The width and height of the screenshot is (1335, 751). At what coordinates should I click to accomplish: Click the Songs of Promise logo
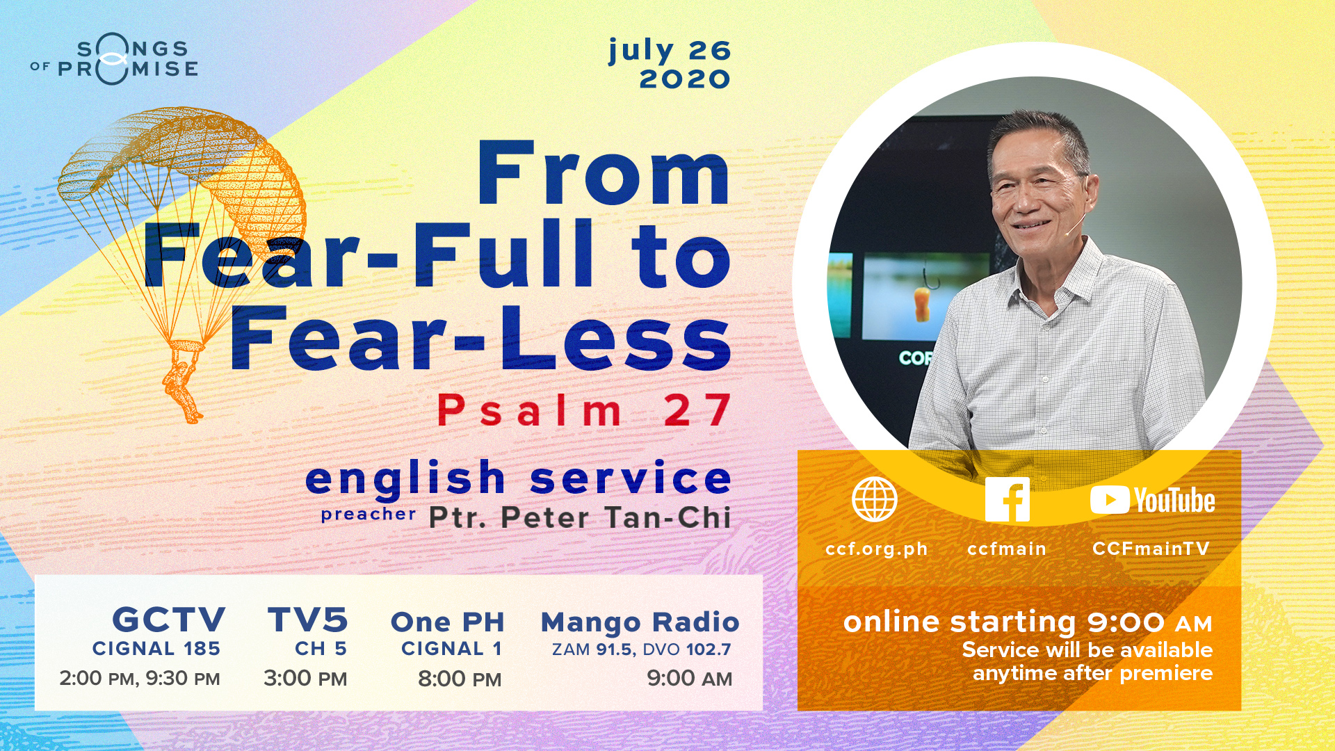click(x=115, y=61)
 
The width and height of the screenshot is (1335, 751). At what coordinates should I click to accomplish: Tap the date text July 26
click(x=670, y=51)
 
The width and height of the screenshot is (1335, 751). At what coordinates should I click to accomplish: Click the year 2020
click(x=685, y=79)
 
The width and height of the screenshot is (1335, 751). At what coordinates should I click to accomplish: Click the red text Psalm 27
click(x=584, y=410)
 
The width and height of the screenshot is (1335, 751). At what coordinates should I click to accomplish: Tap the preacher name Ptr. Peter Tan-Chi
click(x=580, y=517)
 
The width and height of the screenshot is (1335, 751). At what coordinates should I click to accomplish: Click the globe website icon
click(x=875, y=499)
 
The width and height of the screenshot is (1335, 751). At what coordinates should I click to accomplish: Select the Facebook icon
click(x=1008, y=499)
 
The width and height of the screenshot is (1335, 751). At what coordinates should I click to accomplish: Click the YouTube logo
click(x=1152, y=500)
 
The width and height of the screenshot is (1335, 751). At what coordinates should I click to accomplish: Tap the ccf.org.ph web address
click(x=876, y=549)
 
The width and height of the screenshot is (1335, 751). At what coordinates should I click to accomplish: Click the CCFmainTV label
click(x=1151, y=548)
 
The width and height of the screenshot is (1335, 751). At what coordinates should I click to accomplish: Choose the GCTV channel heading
click(x=169, y=619)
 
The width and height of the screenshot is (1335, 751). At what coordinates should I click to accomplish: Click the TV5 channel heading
click(x=307, y=619)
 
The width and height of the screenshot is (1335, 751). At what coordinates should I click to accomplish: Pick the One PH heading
click(x=448, y=622)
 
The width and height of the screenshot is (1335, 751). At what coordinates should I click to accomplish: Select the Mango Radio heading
click(x=640, y=622)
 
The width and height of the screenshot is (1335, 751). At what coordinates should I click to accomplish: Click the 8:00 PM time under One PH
click(x=460, y=679)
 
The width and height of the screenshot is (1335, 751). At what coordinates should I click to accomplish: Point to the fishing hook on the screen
click(x=924, y=295)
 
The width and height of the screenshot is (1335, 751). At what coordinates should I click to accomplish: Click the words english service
click(x=519, y=479)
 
